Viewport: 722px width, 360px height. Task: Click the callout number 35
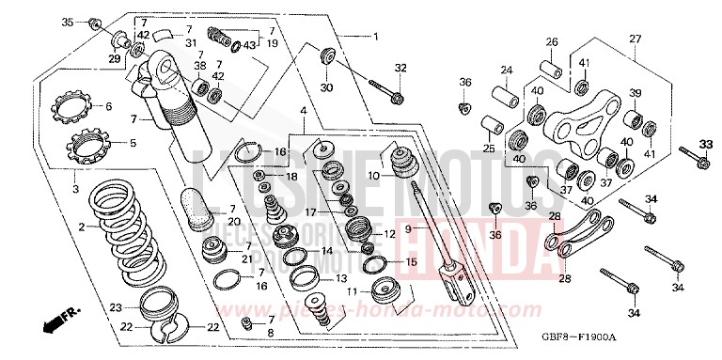coord(67,22)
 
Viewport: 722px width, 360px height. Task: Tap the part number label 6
coord(108,106)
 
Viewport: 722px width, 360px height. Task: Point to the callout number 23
coord(115,306)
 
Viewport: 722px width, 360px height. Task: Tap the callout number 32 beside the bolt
coord(400,67)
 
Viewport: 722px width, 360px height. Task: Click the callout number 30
coord(326,87)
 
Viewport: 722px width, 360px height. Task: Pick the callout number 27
coord(636,39)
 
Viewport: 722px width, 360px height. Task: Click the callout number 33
coord(707,143)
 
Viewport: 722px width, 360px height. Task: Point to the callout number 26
coord(552,41)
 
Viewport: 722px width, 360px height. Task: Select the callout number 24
coord(506,70)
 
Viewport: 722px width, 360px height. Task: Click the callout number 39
coord(635,92)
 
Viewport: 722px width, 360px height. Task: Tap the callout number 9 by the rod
coord(407,227)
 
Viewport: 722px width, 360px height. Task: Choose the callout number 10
coord(373,175)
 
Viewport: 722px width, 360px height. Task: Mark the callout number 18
coord(291,176)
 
